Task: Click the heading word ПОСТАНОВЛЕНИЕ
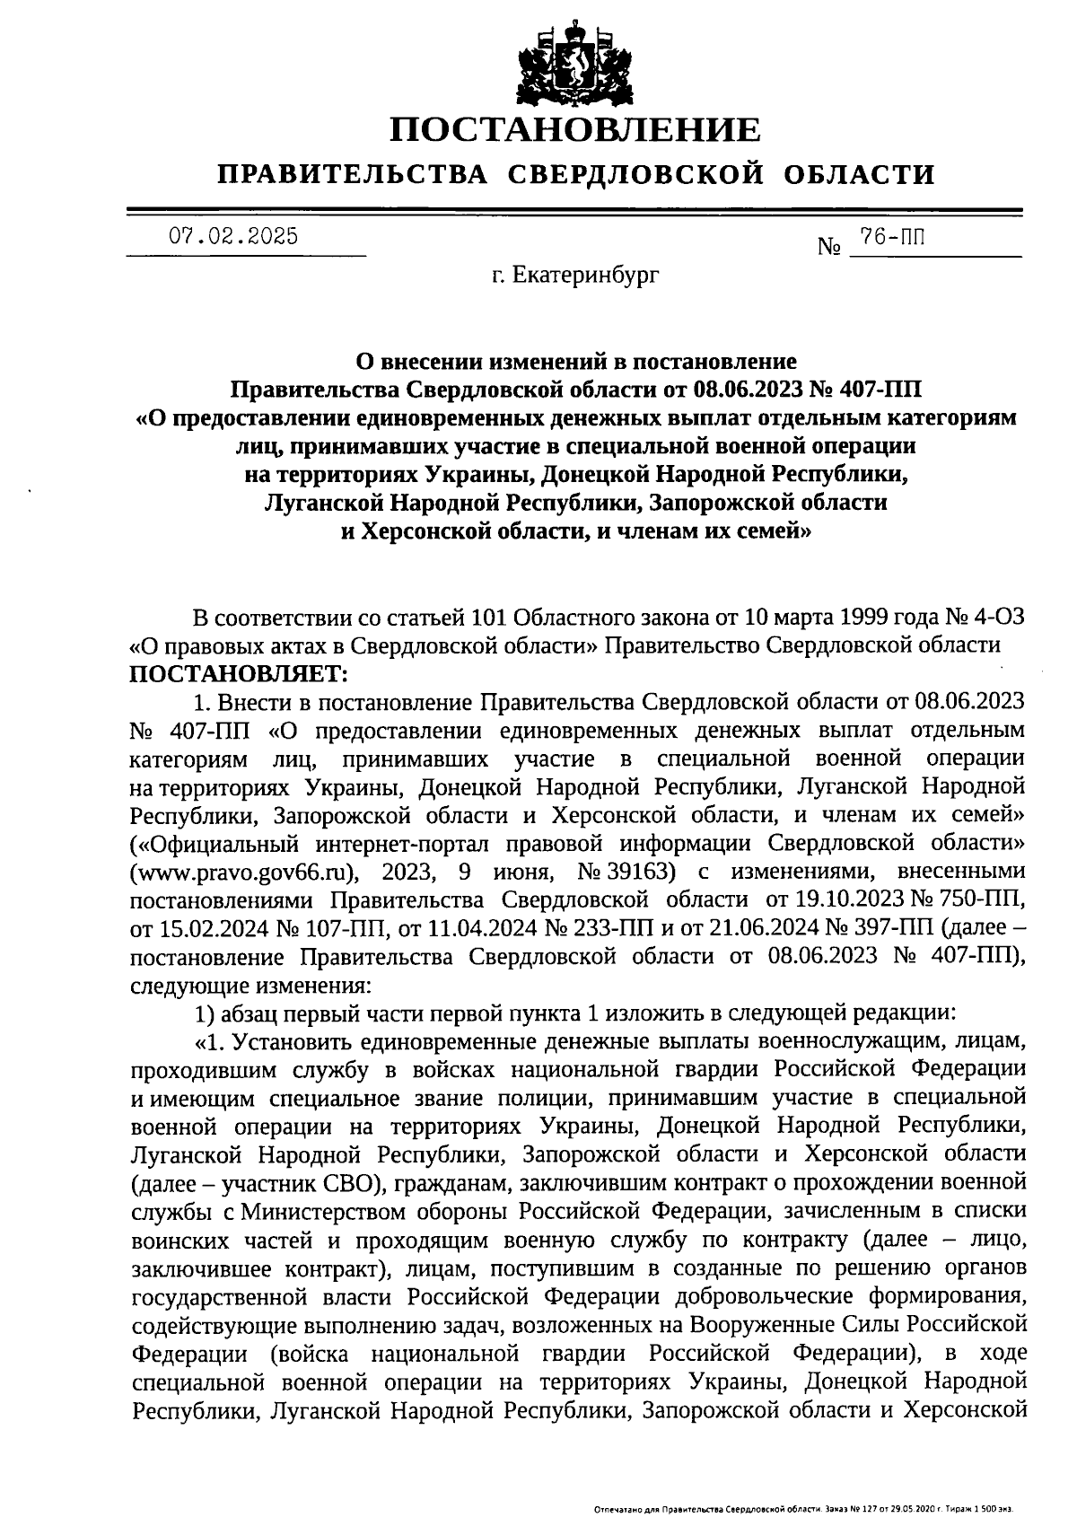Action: [575, 130]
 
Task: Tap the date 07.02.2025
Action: [234, 237]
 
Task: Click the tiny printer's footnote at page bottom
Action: [803, 1511]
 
